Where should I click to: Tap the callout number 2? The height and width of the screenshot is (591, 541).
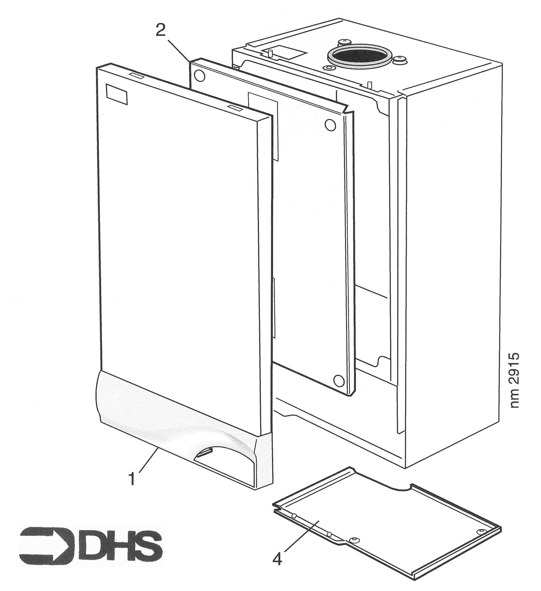pyautogui.click(x=161, y=30)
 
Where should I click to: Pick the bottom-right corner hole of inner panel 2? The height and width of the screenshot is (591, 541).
pyautogui.click(x=338, y=380)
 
